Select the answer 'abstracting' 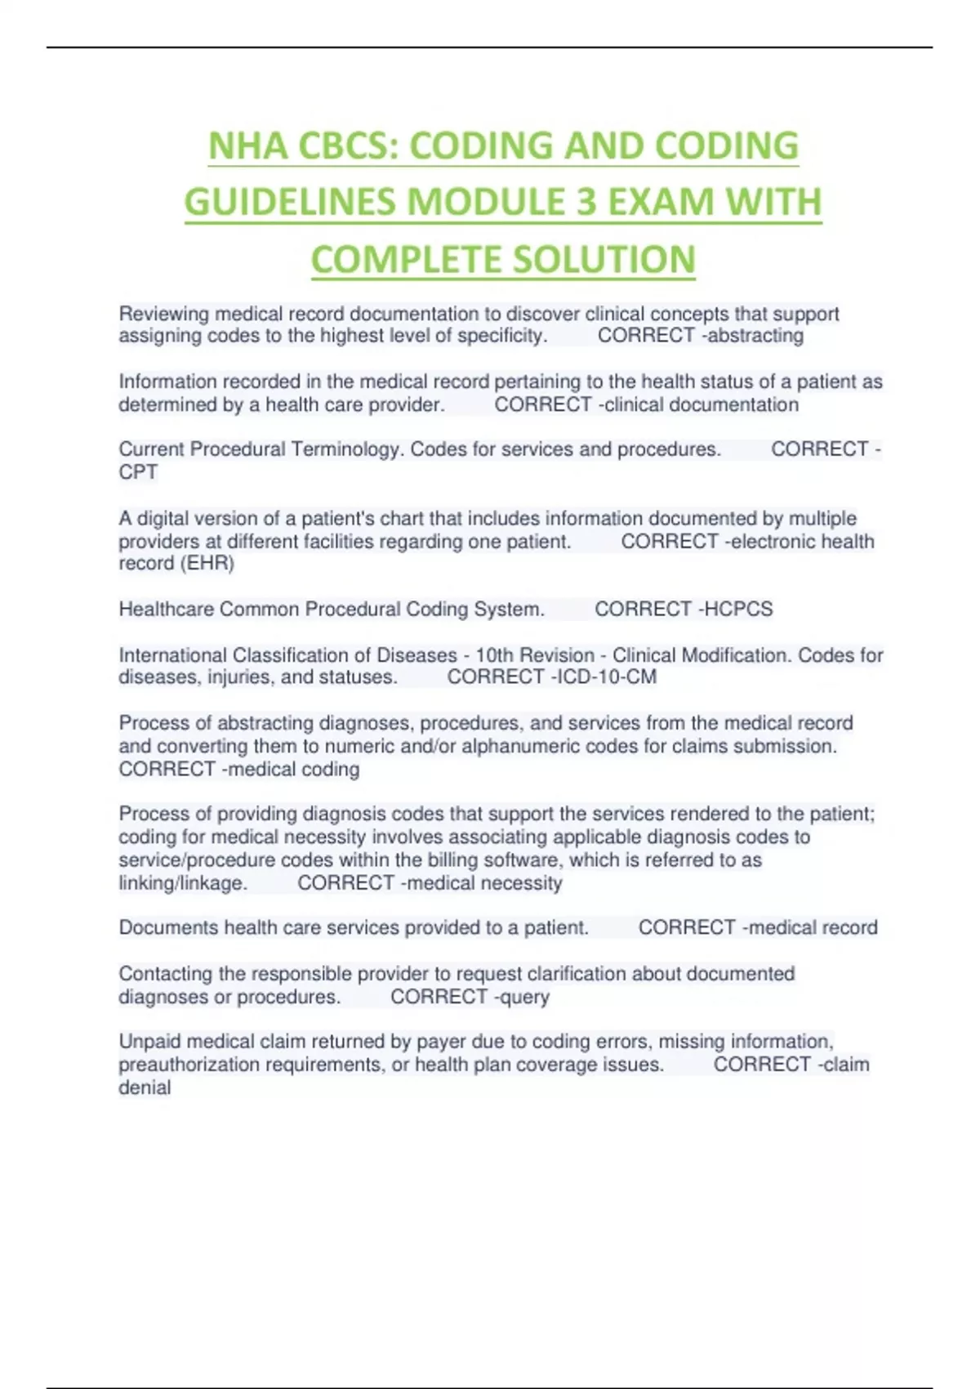[755, 336]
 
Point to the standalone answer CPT [138, 472]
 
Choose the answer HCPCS [738, 610]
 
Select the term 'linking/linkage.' [183, 883]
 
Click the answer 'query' [525, 998]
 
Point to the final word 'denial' [145, 1088]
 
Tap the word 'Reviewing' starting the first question [164, 315]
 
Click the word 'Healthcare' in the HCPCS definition [167, 610]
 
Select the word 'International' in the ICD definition [173, 655]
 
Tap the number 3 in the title [586, 203]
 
